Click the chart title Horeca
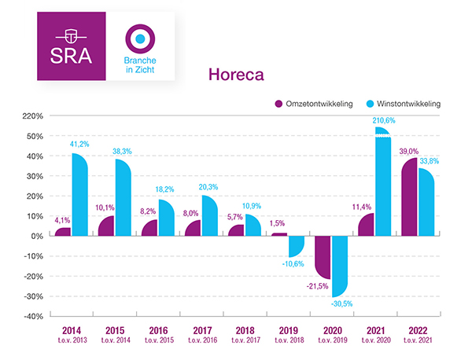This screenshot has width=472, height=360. [234, 75]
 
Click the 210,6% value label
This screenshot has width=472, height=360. [383, 120]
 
